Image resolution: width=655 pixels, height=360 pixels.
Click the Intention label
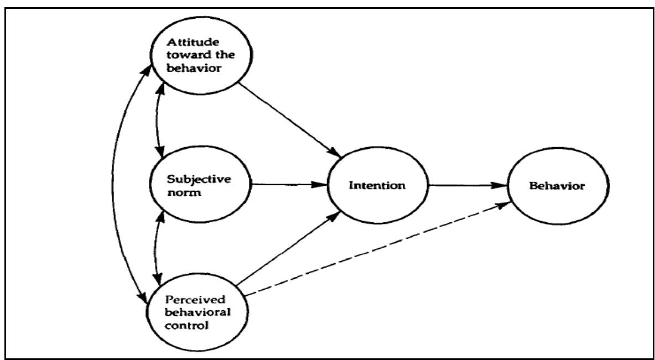(x=377, y=185)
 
